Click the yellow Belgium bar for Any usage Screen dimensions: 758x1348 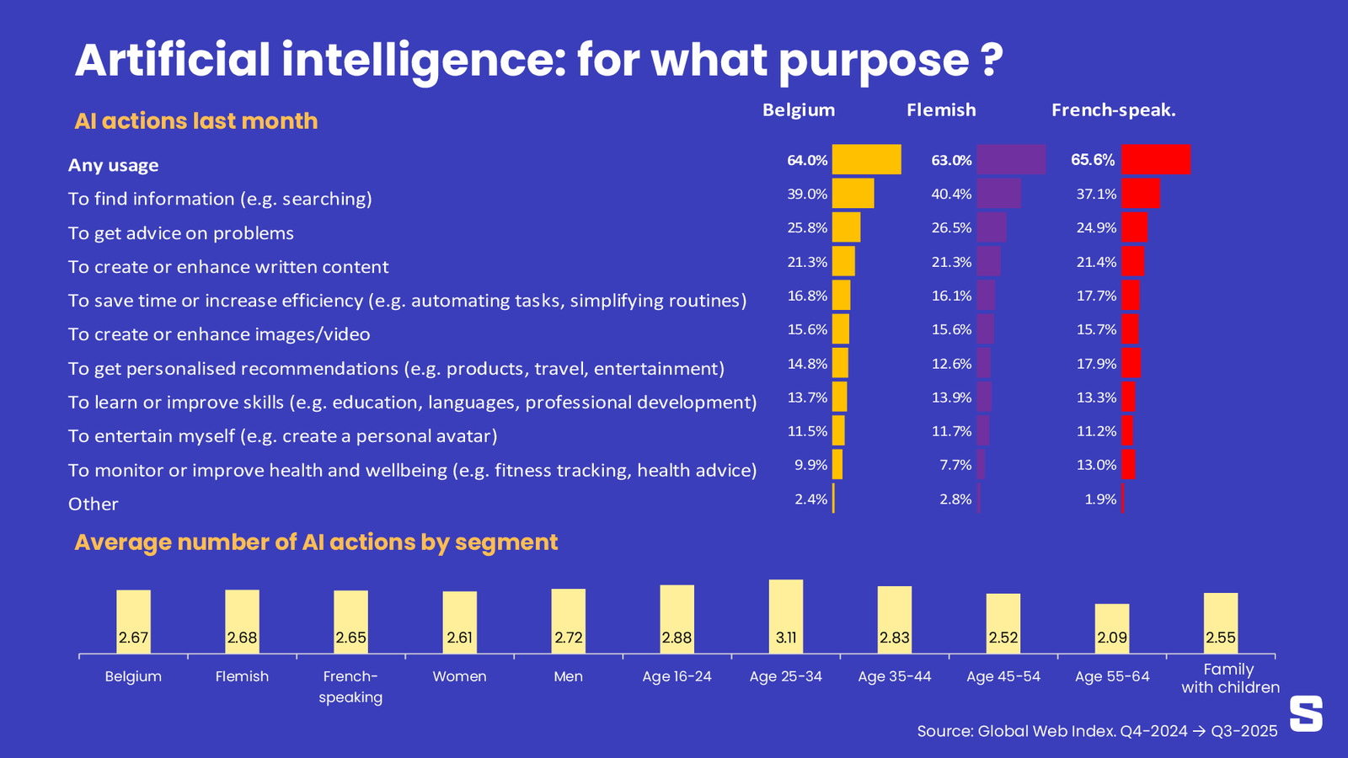(866, 159)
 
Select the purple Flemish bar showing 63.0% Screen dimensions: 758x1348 (1011, 159)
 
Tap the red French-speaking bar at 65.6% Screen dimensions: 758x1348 (1156, 159)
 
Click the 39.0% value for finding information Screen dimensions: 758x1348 (807, 194)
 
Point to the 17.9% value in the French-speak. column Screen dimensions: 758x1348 (1096, 364)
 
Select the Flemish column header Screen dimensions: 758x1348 (941, 110)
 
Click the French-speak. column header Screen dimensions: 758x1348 (1113, 110)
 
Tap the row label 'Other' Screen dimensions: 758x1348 (94, 504)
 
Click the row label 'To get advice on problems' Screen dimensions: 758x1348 (181, 233)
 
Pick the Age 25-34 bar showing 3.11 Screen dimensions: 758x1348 (785, 615)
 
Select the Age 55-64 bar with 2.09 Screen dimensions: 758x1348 (1112, 627)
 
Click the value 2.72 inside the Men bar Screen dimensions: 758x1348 (569, 638)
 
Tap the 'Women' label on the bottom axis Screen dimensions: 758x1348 (459, 676)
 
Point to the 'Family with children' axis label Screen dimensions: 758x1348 (1229, 678)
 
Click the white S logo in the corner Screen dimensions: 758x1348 (1306, 713)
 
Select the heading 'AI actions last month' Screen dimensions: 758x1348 (196, 121)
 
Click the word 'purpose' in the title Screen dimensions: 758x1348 (873, 61)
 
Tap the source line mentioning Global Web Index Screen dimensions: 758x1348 (1097, 731)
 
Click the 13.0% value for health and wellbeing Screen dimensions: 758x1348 (1096, 465)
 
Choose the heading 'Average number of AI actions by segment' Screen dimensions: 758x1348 (316, 542)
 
